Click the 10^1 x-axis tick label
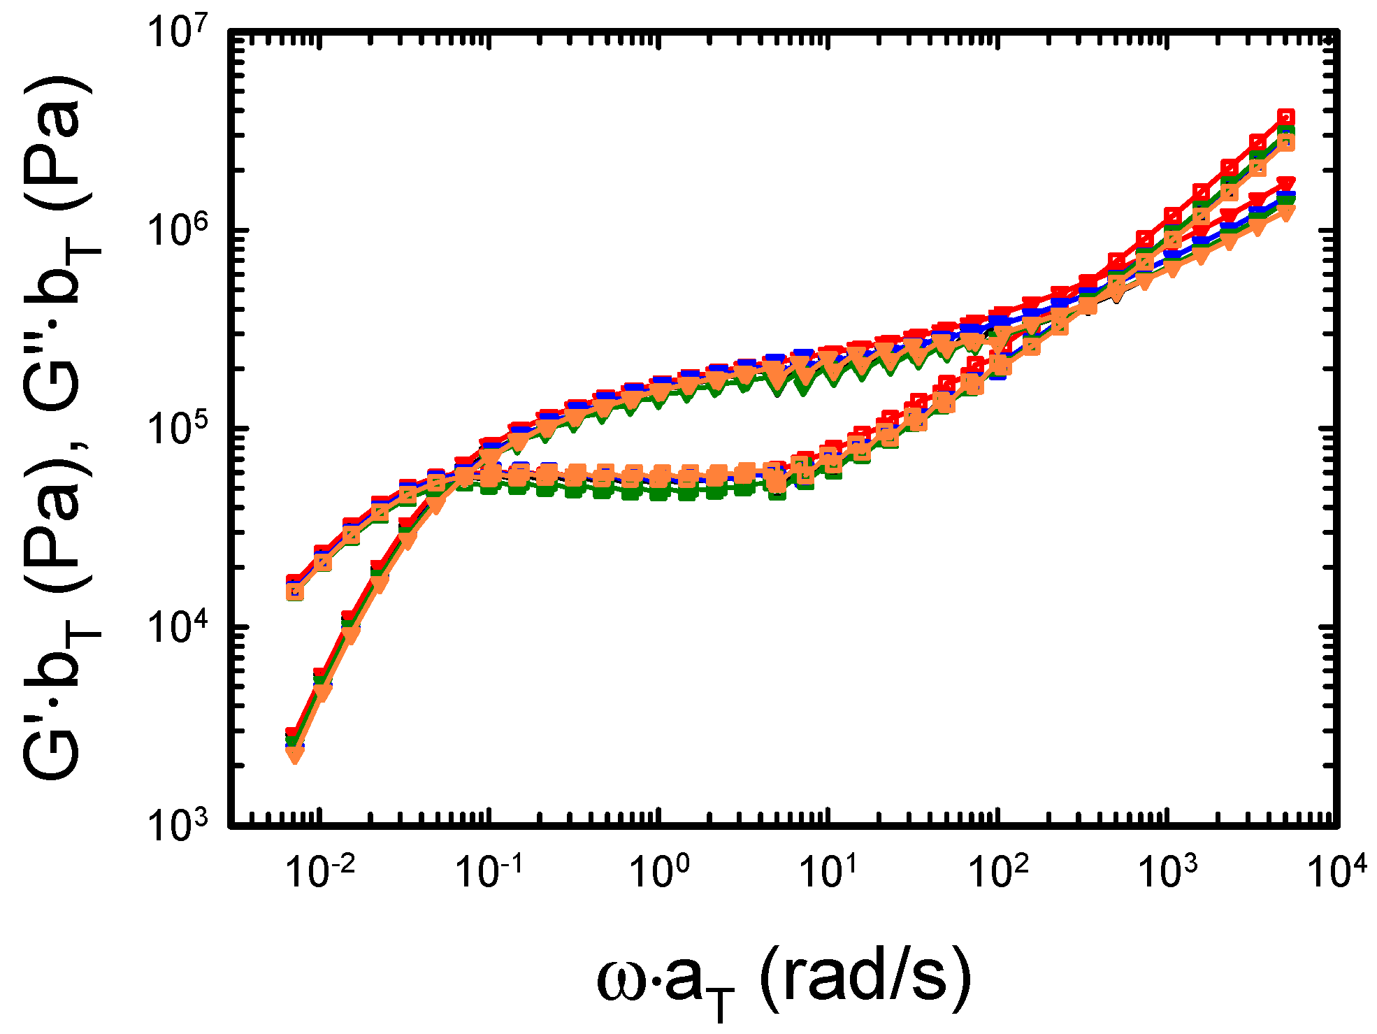tap(829, 871)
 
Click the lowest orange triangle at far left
tap(294, 755)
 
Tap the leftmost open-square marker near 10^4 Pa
tap(294, 591)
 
